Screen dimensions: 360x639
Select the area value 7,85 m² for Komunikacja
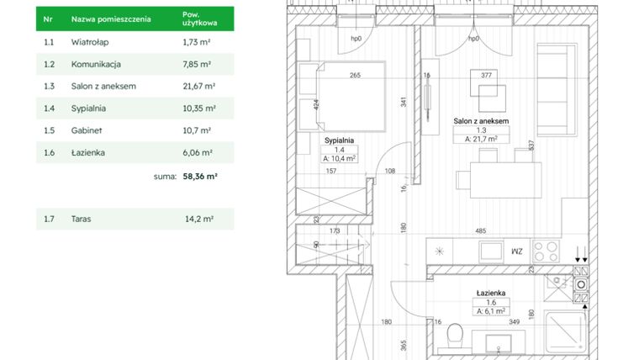[197, 64]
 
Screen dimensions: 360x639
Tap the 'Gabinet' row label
[87, 131]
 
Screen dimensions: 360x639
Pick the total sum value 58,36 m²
[200, 177]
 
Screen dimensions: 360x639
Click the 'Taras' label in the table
[82, 220]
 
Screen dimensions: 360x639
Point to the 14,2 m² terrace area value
[198, 220]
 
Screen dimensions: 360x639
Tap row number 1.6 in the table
[49, 153]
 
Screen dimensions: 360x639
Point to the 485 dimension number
[480, 230]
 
